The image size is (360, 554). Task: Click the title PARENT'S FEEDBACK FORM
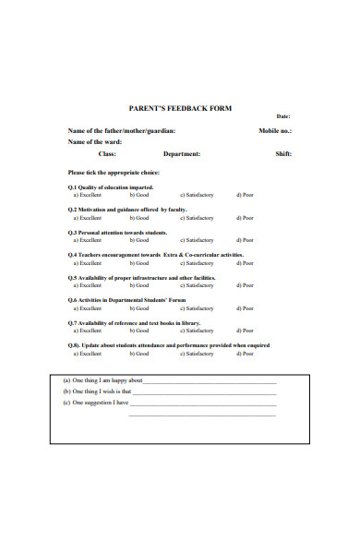(180, 109)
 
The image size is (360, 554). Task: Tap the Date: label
(283, 116)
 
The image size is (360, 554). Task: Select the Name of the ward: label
(95, 142)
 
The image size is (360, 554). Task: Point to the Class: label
(107, 154)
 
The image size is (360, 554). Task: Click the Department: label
(182, 154)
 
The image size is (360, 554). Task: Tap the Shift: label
(283, 154)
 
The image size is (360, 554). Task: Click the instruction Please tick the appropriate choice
(114, 173)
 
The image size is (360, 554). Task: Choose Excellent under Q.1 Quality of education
(90, 196)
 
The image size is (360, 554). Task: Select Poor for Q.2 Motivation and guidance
(245, 218)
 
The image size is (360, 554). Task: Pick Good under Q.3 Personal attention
(139, 240)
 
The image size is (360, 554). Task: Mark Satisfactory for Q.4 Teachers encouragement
(197, 262)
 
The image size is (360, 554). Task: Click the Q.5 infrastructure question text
(142, 277)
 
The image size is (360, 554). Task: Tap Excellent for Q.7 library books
(90, 330)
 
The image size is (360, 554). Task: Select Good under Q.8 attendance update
(139, 353)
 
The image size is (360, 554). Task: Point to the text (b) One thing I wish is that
(97, 391)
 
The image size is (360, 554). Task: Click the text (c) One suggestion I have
(96, 403)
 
